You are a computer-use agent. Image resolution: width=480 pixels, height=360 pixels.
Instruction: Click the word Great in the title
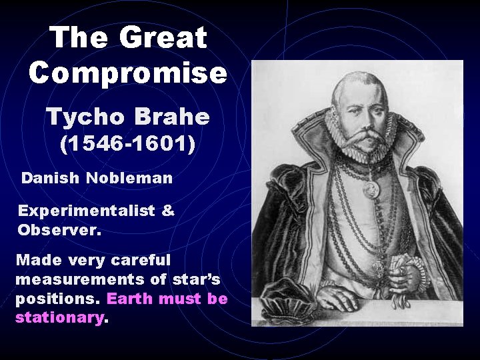point(165,38)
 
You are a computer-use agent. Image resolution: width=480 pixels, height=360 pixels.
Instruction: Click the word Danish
point(48,179)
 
